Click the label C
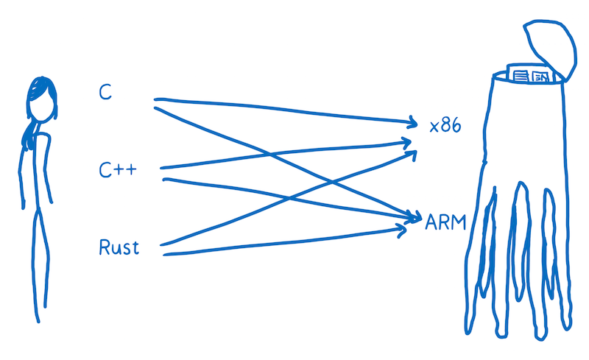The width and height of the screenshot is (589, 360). pos(106,93)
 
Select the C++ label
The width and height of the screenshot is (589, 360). pos(119,170)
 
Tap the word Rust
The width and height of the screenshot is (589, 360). pos(119,247)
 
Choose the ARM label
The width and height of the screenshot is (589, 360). pos(446,222)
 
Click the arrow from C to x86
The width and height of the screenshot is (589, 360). pos(280,108)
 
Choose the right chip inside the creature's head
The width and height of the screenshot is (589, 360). pos(541,76)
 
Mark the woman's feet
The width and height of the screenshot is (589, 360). pos(38,313)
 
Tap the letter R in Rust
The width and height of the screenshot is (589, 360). pos(105,247)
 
